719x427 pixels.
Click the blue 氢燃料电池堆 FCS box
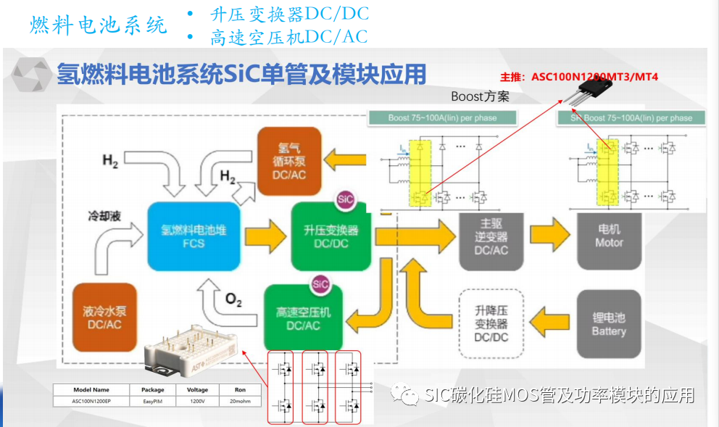click(x=194, y=236)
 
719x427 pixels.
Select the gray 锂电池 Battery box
click(x=609, y=323)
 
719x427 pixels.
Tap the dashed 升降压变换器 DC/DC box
click(x=491, y=323)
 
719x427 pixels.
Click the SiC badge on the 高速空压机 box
click(x=320, y=284)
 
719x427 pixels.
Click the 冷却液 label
click(x=102, y=215)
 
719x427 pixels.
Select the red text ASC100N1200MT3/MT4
click(x=580, y=75)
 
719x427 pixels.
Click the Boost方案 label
click(x=480, y=96)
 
